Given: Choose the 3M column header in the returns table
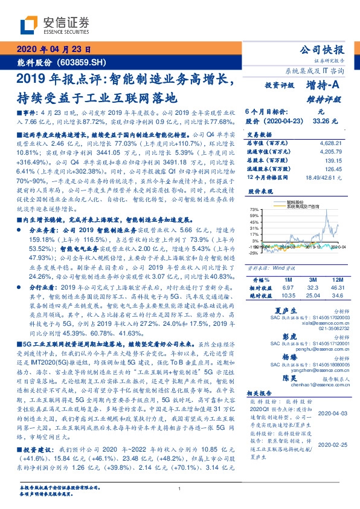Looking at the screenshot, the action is pos(313,280).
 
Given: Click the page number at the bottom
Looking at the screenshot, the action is pos(180,488).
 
